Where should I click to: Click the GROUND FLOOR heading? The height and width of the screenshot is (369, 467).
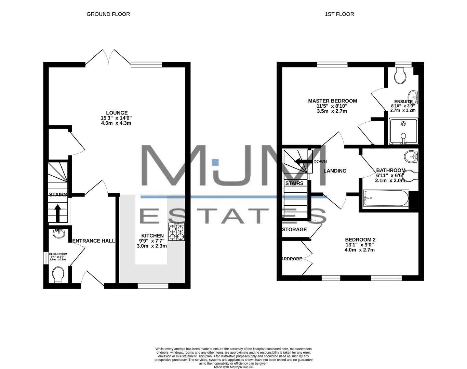click(108, 14)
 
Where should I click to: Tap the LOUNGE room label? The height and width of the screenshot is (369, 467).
click(117, 113)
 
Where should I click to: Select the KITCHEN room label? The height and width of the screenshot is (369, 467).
click(152, 236)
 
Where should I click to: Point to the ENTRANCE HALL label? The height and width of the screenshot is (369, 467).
click(94, 241)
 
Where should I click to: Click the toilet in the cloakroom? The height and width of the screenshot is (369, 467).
click(58, 274)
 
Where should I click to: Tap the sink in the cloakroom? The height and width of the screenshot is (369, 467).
click(59, 234)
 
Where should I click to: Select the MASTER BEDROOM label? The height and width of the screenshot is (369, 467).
click(332, 101)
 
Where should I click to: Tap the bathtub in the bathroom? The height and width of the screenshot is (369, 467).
click(386, 199)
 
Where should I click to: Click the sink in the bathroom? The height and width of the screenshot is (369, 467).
click(411, 157)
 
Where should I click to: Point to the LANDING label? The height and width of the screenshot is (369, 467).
click(335, 171)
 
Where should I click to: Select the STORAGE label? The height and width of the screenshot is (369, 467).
click(295, 230)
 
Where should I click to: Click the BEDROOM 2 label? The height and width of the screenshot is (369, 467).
click(360, 240)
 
